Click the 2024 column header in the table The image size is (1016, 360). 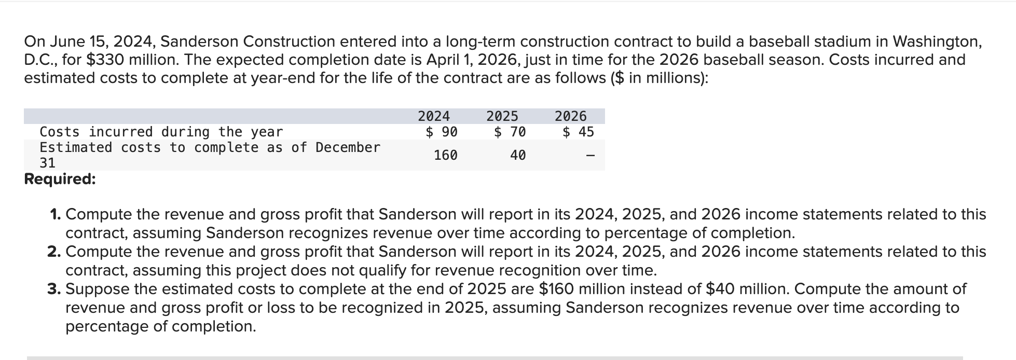[x=434, y=116]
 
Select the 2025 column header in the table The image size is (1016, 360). [x=502, y=116]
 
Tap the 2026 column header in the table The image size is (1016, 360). [x=570, y=116]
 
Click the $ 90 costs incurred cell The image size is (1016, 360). [x=442, y=132]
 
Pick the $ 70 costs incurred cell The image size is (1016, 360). [x=510, y=132]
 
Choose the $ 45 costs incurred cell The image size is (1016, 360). [x=578, y=132]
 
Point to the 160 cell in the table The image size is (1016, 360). [x=445, y=155]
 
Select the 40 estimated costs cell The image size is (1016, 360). [x=517, y=155]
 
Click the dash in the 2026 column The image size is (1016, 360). [x=589, y=155]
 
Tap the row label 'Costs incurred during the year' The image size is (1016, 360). [x=161, y=132]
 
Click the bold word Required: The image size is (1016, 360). [x=60, y=179]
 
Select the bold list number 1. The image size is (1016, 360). [x=56, y=214]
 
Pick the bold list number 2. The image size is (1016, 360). [x=55, y=252]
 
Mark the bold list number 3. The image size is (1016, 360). [x=55, y=289]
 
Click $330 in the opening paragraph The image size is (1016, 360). [x=105, y=60]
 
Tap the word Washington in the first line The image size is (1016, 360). [x=937, y=41]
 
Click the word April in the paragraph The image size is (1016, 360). [x=444, y=60]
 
